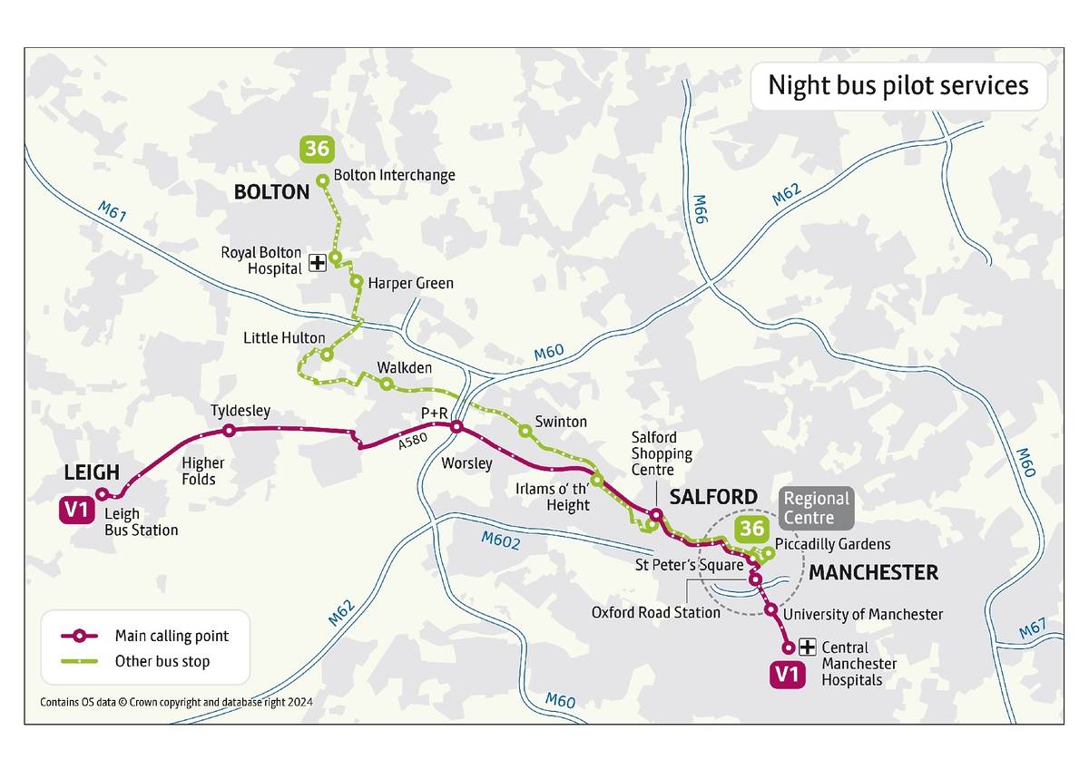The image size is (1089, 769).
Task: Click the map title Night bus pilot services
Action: coord(898,85)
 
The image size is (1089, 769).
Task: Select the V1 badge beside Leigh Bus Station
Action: coord(76,511)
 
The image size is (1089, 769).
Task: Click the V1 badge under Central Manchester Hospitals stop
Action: coord(787,674)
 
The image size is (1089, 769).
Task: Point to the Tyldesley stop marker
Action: coord(229,431)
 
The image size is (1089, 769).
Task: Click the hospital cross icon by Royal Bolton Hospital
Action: coord(317,263)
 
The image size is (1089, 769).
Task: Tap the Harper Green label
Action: coord(410,283)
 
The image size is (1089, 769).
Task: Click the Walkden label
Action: coord(404,367)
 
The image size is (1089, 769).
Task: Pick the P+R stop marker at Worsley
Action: coord(456,427)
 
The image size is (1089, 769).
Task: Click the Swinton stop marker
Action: coord(525,430)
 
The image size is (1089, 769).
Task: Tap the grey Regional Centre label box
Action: coord(816,508)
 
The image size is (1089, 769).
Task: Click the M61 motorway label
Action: coord(113,213)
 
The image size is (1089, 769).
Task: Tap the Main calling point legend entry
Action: coord(172,636)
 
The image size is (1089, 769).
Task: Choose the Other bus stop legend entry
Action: coord(162,661)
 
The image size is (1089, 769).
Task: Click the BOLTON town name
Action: coord(271,192)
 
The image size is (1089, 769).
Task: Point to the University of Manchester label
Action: coord(862,614)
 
